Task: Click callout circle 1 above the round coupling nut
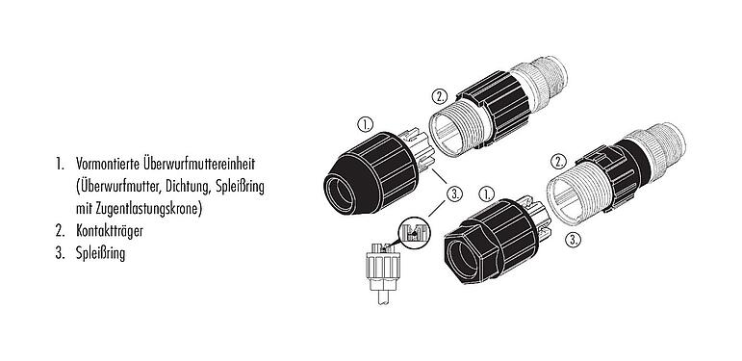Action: [x=364, y=125]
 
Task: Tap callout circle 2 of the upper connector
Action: [x=439, y=97]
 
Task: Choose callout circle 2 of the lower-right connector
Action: [x=558, y=162]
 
